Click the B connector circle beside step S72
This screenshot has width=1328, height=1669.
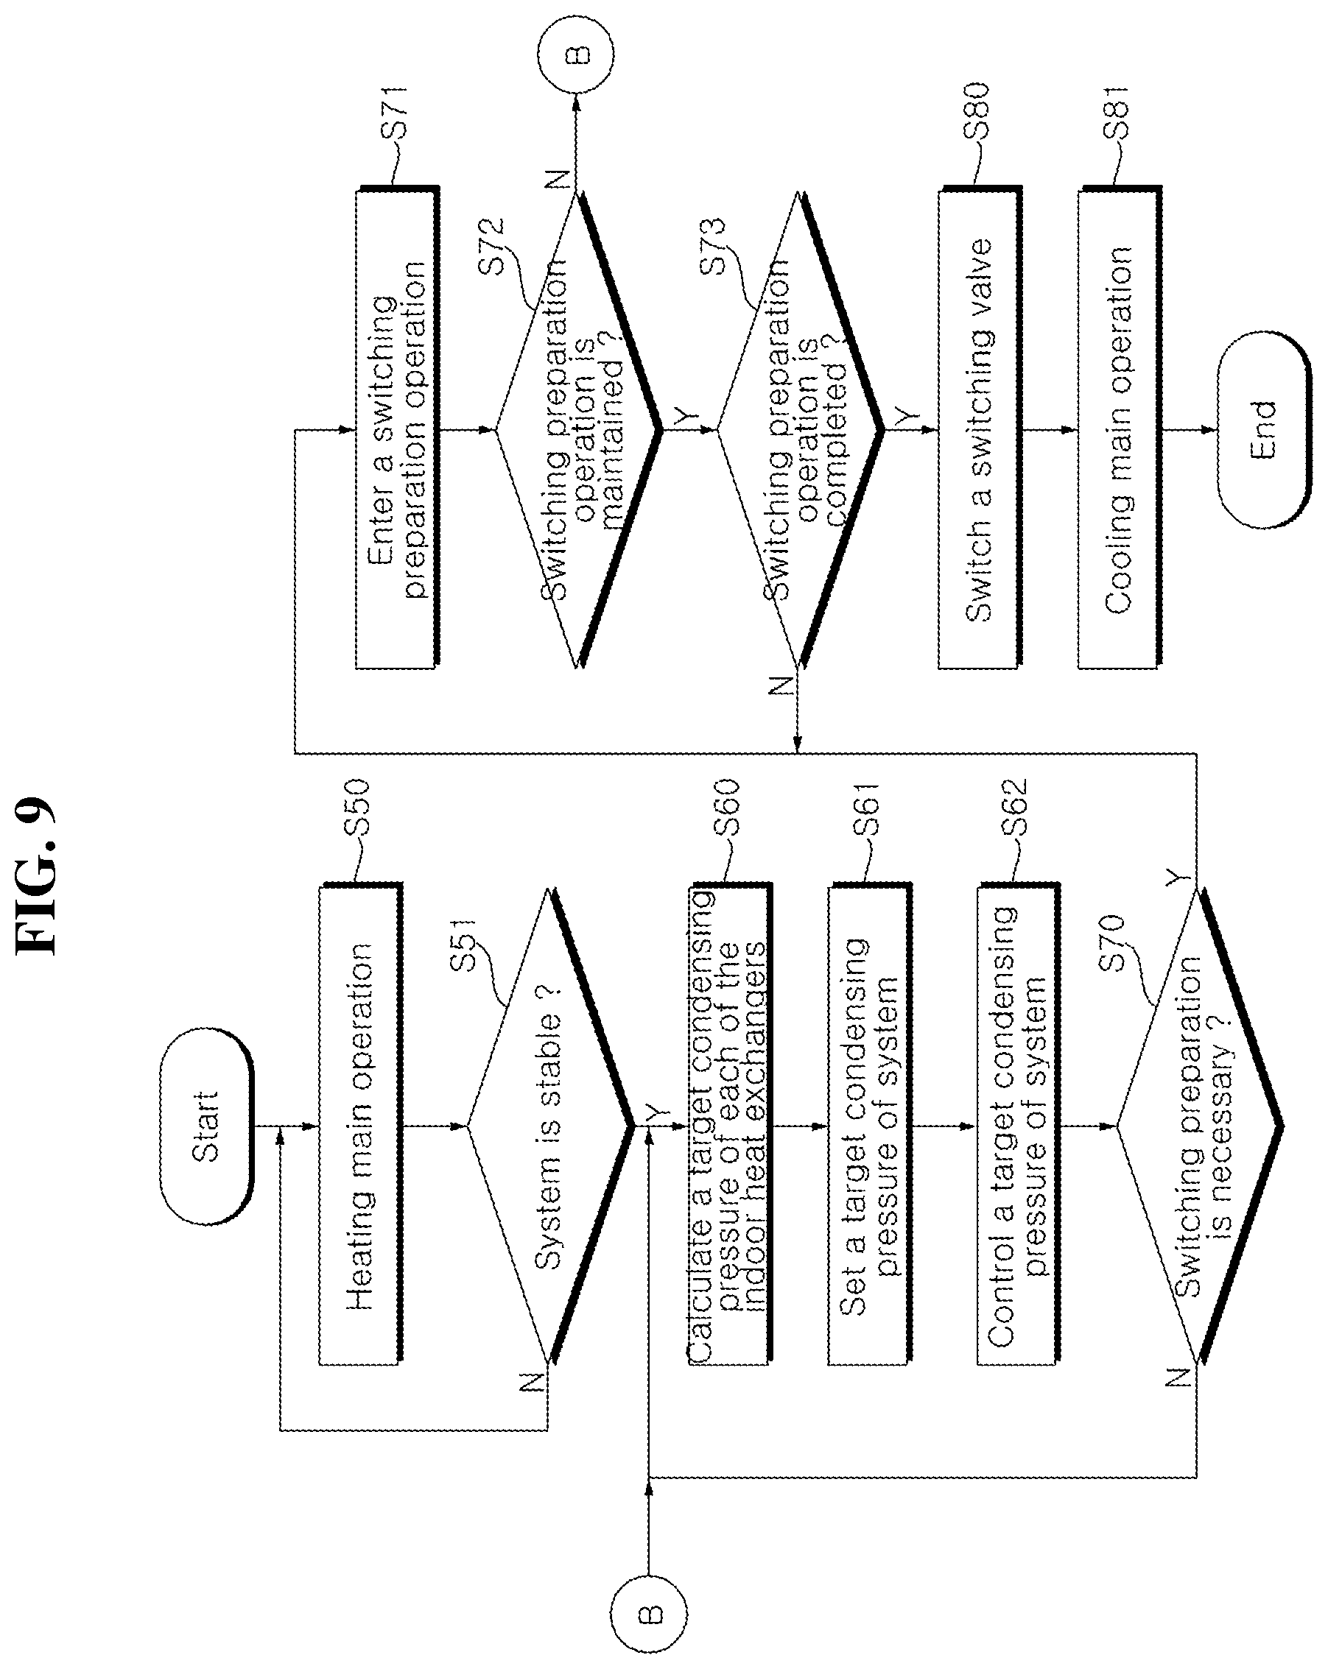pyautogui.click(x=576, y=54)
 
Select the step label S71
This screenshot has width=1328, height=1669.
pyautogui.click(x=395, y=111)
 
